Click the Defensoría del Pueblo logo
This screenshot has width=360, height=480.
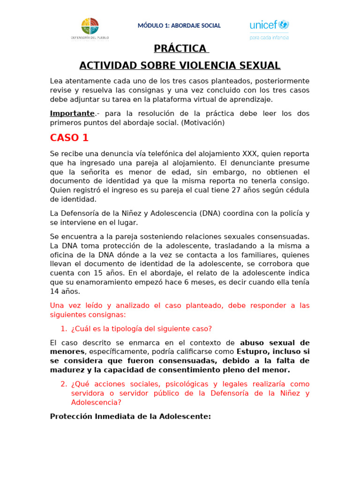tap(90, 28)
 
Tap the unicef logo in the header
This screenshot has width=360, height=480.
tap(269, 25)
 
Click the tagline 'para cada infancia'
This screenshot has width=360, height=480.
tap(269, 37)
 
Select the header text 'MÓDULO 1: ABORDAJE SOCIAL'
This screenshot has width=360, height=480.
tap(179, 26)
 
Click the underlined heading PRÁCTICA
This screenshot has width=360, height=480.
tap(180, 49)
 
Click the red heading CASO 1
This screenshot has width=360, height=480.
tap(69, 138)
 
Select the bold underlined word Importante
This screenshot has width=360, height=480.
tap(72, 113)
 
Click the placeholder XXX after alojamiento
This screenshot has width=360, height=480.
tap(249, 154)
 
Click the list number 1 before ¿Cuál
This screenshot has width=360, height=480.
tap(64, 329)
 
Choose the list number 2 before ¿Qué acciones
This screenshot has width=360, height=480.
tap(64, 384)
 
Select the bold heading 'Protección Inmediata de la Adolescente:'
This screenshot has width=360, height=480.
tap(130, 416)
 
